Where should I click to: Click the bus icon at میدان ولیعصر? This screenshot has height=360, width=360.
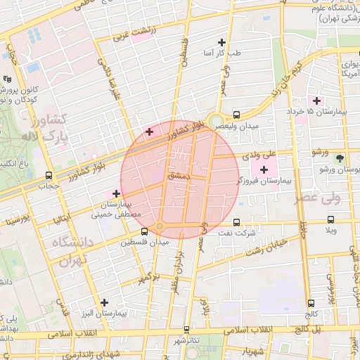(236, 114)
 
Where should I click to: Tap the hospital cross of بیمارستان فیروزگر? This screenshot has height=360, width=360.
(264, 169)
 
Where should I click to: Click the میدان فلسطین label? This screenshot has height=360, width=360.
(144, 242)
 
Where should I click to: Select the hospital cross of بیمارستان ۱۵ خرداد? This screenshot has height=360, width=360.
(317, 101)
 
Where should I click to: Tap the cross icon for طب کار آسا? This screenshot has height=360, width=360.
(223, 43)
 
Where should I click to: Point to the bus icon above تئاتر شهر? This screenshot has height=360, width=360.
(186, 329)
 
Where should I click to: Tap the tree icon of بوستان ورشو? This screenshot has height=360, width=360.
(340, 158)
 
